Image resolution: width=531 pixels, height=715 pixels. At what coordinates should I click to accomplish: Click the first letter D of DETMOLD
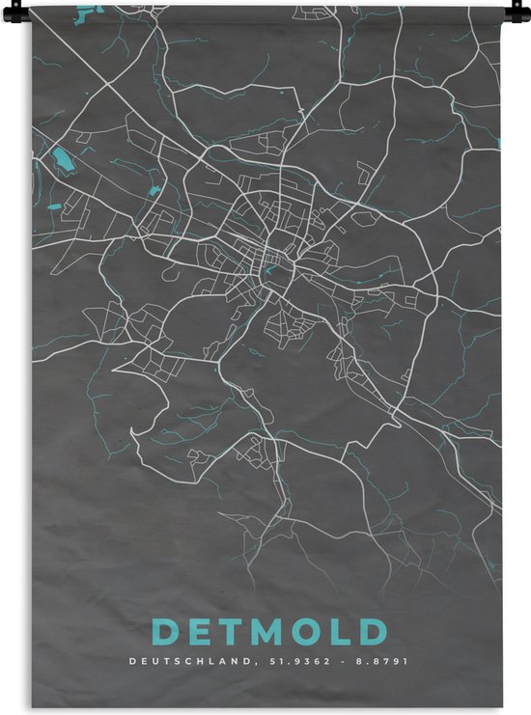166,632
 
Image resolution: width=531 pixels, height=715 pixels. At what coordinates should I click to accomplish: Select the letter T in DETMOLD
235,632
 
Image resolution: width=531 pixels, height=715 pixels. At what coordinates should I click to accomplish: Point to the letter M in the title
273,632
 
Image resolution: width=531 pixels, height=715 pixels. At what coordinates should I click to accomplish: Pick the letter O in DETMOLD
314,632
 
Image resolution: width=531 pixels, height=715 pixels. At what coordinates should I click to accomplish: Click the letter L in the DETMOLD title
345,632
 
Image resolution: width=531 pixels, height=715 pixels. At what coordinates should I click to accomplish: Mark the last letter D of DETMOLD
373,632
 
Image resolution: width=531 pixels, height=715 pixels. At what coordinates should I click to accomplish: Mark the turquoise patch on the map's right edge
499,144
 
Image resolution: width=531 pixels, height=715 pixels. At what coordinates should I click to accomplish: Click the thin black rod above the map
265,4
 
